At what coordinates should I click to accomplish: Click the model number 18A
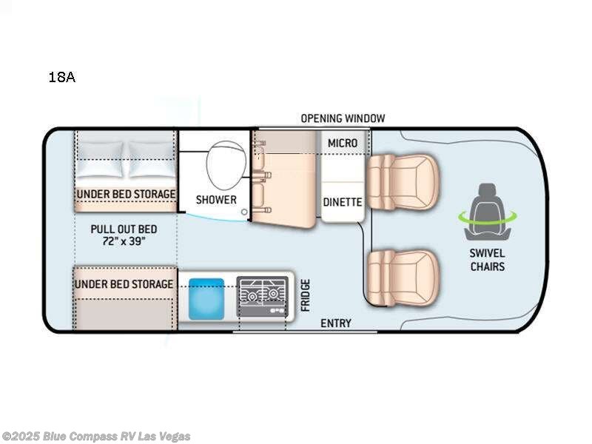click(x=61, y=76)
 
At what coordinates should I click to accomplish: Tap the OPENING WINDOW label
click(x=343, y=118)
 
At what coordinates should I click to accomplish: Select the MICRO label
click(x=343, y=143)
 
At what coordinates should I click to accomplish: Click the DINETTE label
click(x=343, y=201)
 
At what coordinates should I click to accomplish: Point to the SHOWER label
click(x=216, y=199)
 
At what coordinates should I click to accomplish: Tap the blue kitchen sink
click(x=206, y=298)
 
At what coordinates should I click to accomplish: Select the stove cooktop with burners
click(x=262, y=298)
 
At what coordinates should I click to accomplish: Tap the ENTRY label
click(x=335, y=323)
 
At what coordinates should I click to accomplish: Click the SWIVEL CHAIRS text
click(x=488, y=260)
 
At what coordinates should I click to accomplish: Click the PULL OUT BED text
click(x=124, y=229)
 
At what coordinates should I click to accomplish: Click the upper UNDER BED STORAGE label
click(x=126, y=194)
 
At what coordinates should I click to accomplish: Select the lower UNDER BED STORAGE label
click(x=124, y=284)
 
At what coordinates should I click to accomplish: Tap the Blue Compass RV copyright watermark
click(x=96, y=436)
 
